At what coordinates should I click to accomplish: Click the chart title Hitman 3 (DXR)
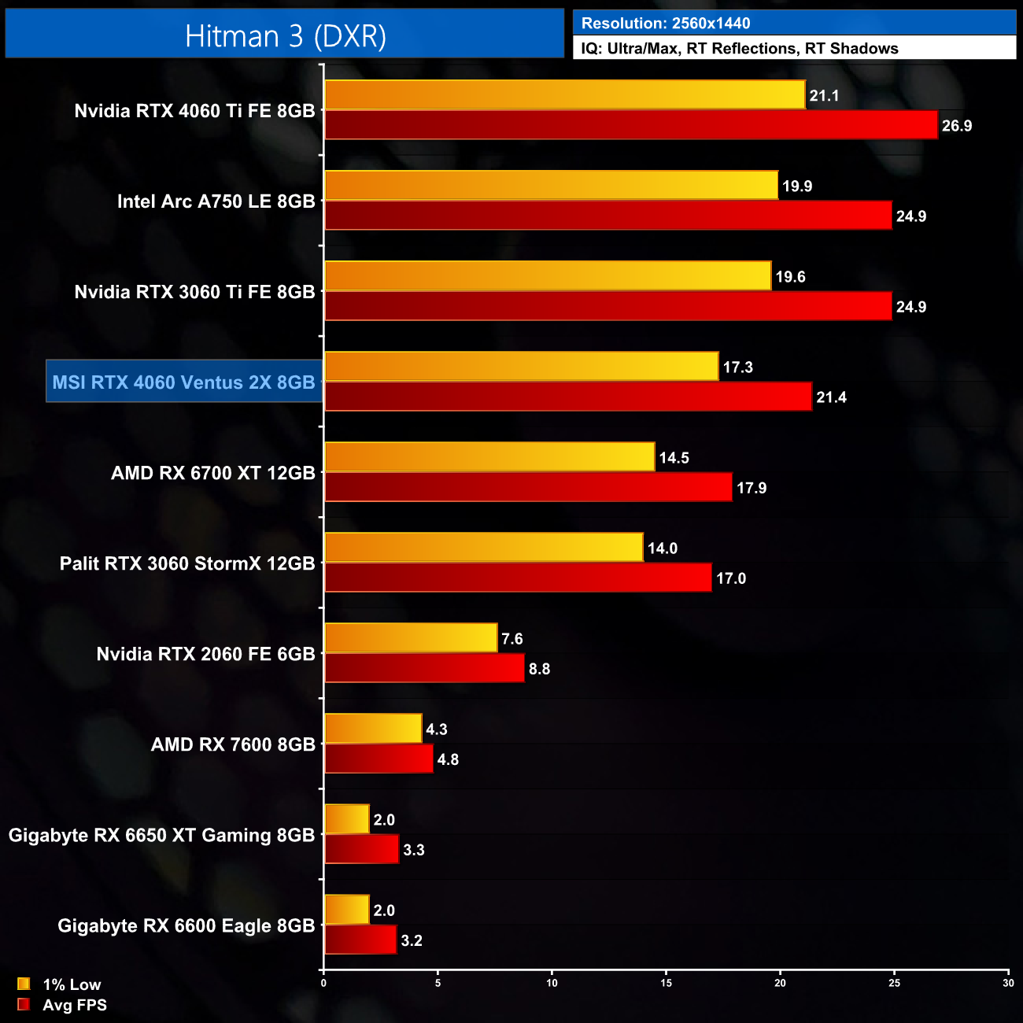(x=285, y=35)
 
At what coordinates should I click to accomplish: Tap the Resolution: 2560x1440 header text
(x=665, y=23)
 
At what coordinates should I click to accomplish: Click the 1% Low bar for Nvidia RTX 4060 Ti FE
(x=564, y=94)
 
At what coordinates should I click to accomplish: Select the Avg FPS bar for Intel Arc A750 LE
(x=608, y=216)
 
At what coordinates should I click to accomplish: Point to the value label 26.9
(x=956, y=126)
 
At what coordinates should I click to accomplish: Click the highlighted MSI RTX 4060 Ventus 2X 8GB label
(x=184, y=382)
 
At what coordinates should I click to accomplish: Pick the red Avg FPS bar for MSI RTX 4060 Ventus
(x=567, y=397)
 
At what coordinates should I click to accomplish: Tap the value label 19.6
(x=790, y=277)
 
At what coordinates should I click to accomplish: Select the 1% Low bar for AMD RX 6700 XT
(x=489, y=457)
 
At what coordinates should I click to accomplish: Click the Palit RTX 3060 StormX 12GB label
(x=187, y=563)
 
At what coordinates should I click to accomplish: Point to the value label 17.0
(x=730, y=578)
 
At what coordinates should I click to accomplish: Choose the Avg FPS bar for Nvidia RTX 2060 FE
(x=424, y=668)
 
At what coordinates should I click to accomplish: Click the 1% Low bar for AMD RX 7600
(x=373, y=729)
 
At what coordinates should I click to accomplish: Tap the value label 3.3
(x=413, y=850)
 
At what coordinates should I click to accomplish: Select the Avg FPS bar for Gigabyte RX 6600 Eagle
(x=360, y=940)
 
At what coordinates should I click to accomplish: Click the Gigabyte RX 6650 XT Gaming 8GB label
(x=161, y=835)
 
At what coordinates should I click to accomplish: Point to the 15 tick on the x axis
(x=666, y=983)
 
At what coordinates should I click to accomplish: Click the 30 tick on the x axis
(x=1007, y=983)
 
